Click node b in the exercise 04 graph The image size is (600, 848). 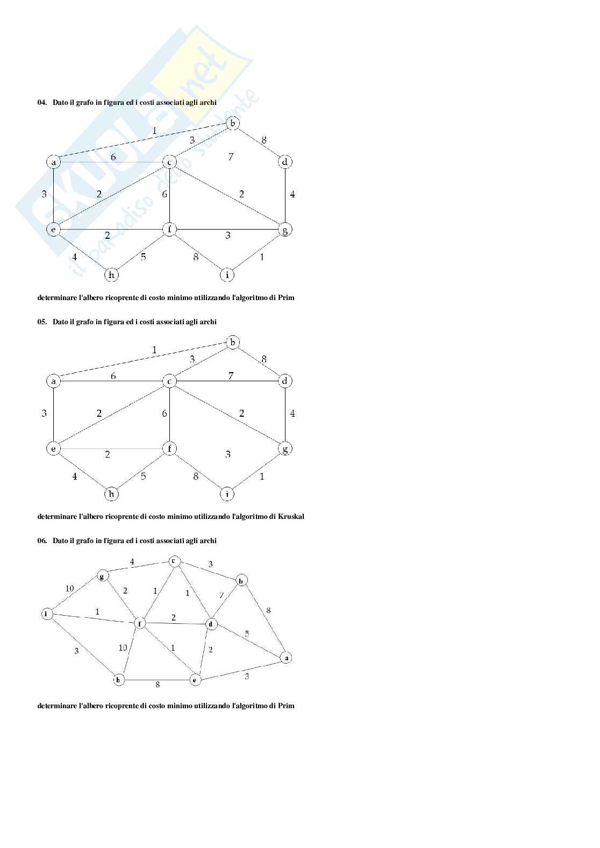coord(233,123)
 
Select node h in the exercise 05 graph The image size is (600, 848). coord(111,494)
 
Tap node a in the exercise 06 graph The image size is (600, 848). coord(287,658)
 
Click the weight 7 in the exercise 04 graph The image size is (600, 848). coord(231,156)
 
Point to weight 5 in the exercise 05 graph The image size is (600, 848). coord(143,476)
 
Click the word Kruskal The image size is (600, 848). coord(291,516)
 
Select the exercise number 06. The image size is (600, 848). coord(41,540)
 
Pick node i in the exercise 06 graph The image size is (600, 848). coord(47,614)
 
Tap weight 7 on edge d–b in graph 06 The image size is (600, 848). coord(222,595)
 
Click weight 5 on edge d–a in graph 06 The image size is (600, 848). coord(247,633)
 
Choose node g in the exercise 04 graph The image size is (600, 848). coord(285,230)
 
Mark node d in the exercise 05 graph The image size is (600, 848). coord(285,381)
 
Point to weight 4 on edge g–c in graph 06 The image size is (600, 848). coord(132,562)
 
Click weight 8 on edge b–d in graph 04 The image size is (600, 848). coord(264,140)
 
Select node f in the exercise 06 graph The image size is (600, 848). coord(140,624)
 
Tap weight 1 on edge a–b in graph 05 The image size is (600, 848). coord(154,350)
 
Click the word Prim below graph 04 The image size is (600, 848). coord(286,297)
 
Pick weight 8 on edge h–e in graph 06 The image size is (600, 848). coord(158,685)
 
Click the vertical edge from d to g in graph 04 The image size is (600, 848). coord(285,196)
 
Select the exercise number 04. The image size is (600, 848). coord(41,102)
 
